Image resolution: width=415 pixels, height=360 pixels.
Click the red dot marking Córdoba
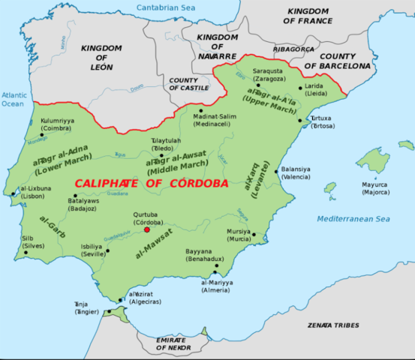tap(146, 229)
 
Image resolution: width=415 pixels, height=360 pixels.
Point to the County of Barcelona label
tap(345, 61)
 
